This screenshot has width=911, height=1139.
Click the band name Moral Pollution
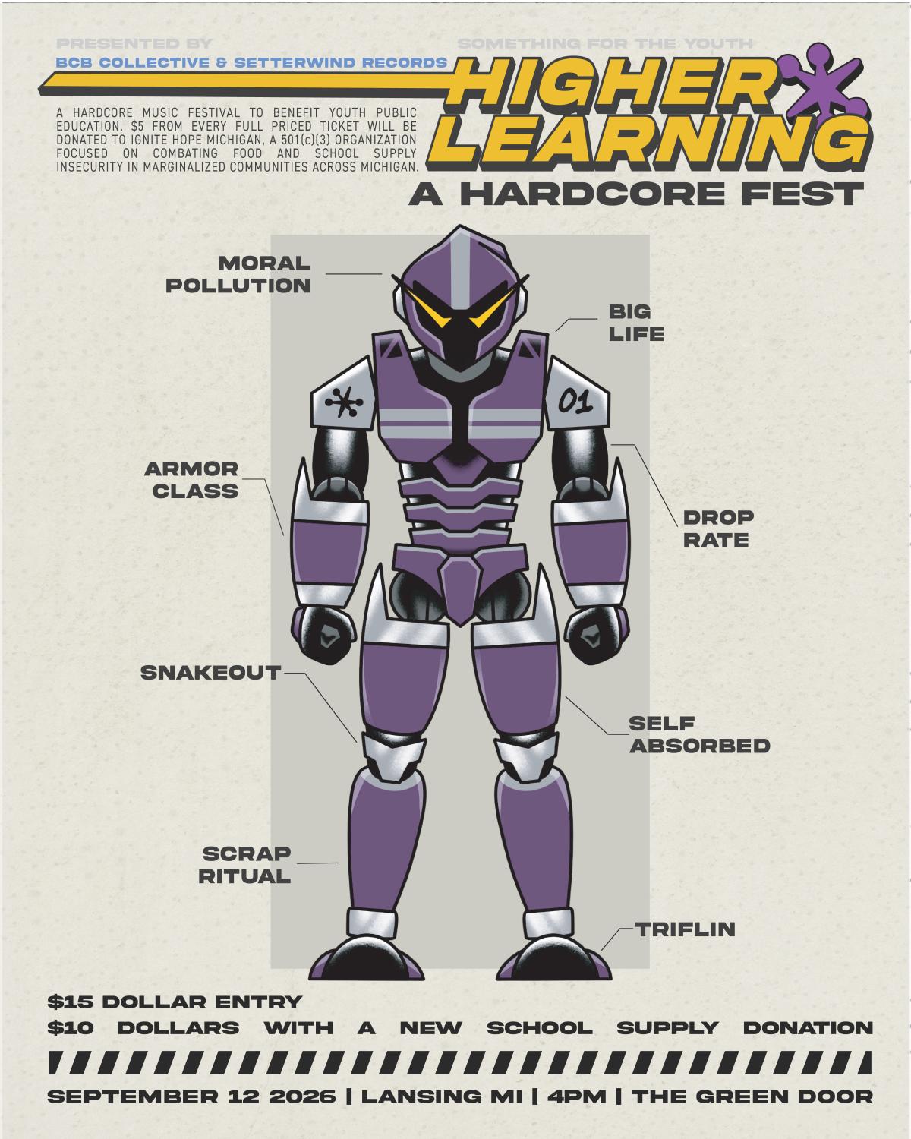click(x=238, y=274)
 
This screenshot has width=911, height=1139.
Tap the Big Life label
click(x=636, y=323)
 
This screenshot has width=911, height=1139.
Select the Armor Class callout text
click(x=191, y=480)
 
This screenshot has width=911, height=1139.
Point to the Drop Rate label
click(x=718, y=528)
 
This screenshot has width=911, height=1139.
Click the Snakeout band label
click(x=211, y=673)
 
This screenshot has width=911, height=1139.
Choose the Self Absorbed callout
click(x=699, y=734)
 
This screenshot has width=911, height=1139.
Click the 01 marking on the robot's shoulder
click(x=575, y=402)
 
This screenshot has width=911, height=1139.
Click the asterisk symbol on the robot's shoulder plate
click(x=344, y=403)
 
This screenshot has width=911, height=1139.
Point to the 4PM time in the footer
click(x=576, y=1096)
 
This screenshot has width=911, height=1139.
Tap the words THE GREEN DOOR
click(x=752, y=1096)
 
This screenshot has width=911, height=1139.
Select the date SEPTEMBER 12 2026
click(x=191, y=1096)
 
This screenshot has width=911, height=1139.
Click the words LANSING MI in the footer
click(x=442, y=1096)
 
